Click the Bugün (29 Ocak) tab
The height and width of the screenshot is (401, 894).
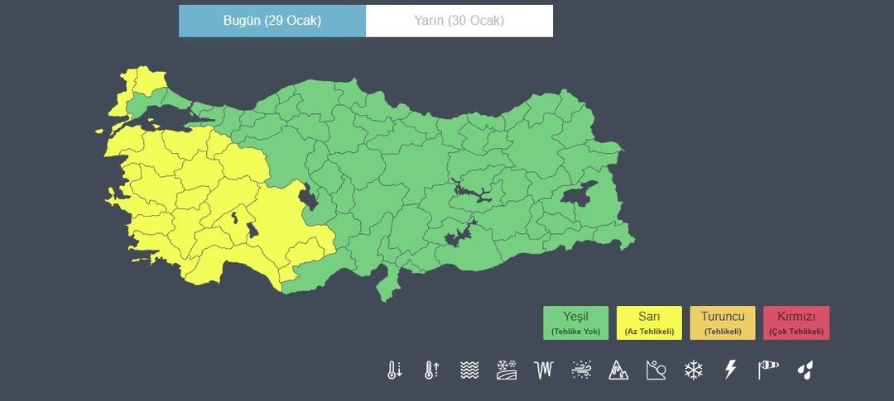[x=272, y=21]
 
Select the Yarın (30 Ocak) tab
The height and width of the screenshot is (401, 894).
[x=459, y=21]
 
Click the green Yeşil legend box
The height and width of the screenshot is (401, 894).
[x=575, y=322]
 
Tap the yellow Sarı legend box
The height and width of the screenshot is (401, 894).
[x=649, y=322]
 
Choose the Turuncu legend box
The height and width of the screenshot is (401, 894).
[x=723, y=322]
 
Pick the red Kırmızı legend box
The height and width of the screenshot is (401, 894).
[x=796, y=322]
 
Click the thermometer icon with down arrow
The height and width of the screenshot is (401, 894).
[x=394, y=370]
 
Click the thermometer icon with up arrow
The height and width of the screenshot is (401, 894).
[x=430, y=370]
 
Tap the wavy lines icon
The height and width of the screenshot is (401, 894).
[x=469, y=370]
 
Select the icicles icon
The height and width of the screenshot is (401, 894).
[x=544, y=370]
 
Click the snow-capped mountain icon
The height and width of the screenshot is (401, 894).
[x=618, y=370]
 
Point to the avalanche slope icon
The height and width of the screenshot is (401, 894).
[x=656, y=370]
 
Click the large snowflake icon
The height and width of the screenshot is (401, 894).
[x=694, y=370]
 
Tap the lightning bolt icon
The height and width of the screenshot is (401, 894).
[x=730, y=370]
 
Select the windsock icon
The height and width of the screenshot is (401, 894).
[x=768, y=370]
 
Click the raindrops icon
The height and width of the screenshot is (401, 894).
[x=805, y=370]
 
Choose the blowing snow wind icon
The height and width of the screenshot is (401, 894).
[x=581, y=370]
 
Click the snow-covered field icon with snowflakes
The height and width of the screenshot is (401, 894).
[x=507, y=370]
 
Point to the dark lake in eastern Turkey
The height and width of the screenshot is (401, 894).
[x=578, y=194]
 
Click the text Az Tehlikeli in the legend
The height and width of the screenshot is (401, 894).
[x=649, y=332]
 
